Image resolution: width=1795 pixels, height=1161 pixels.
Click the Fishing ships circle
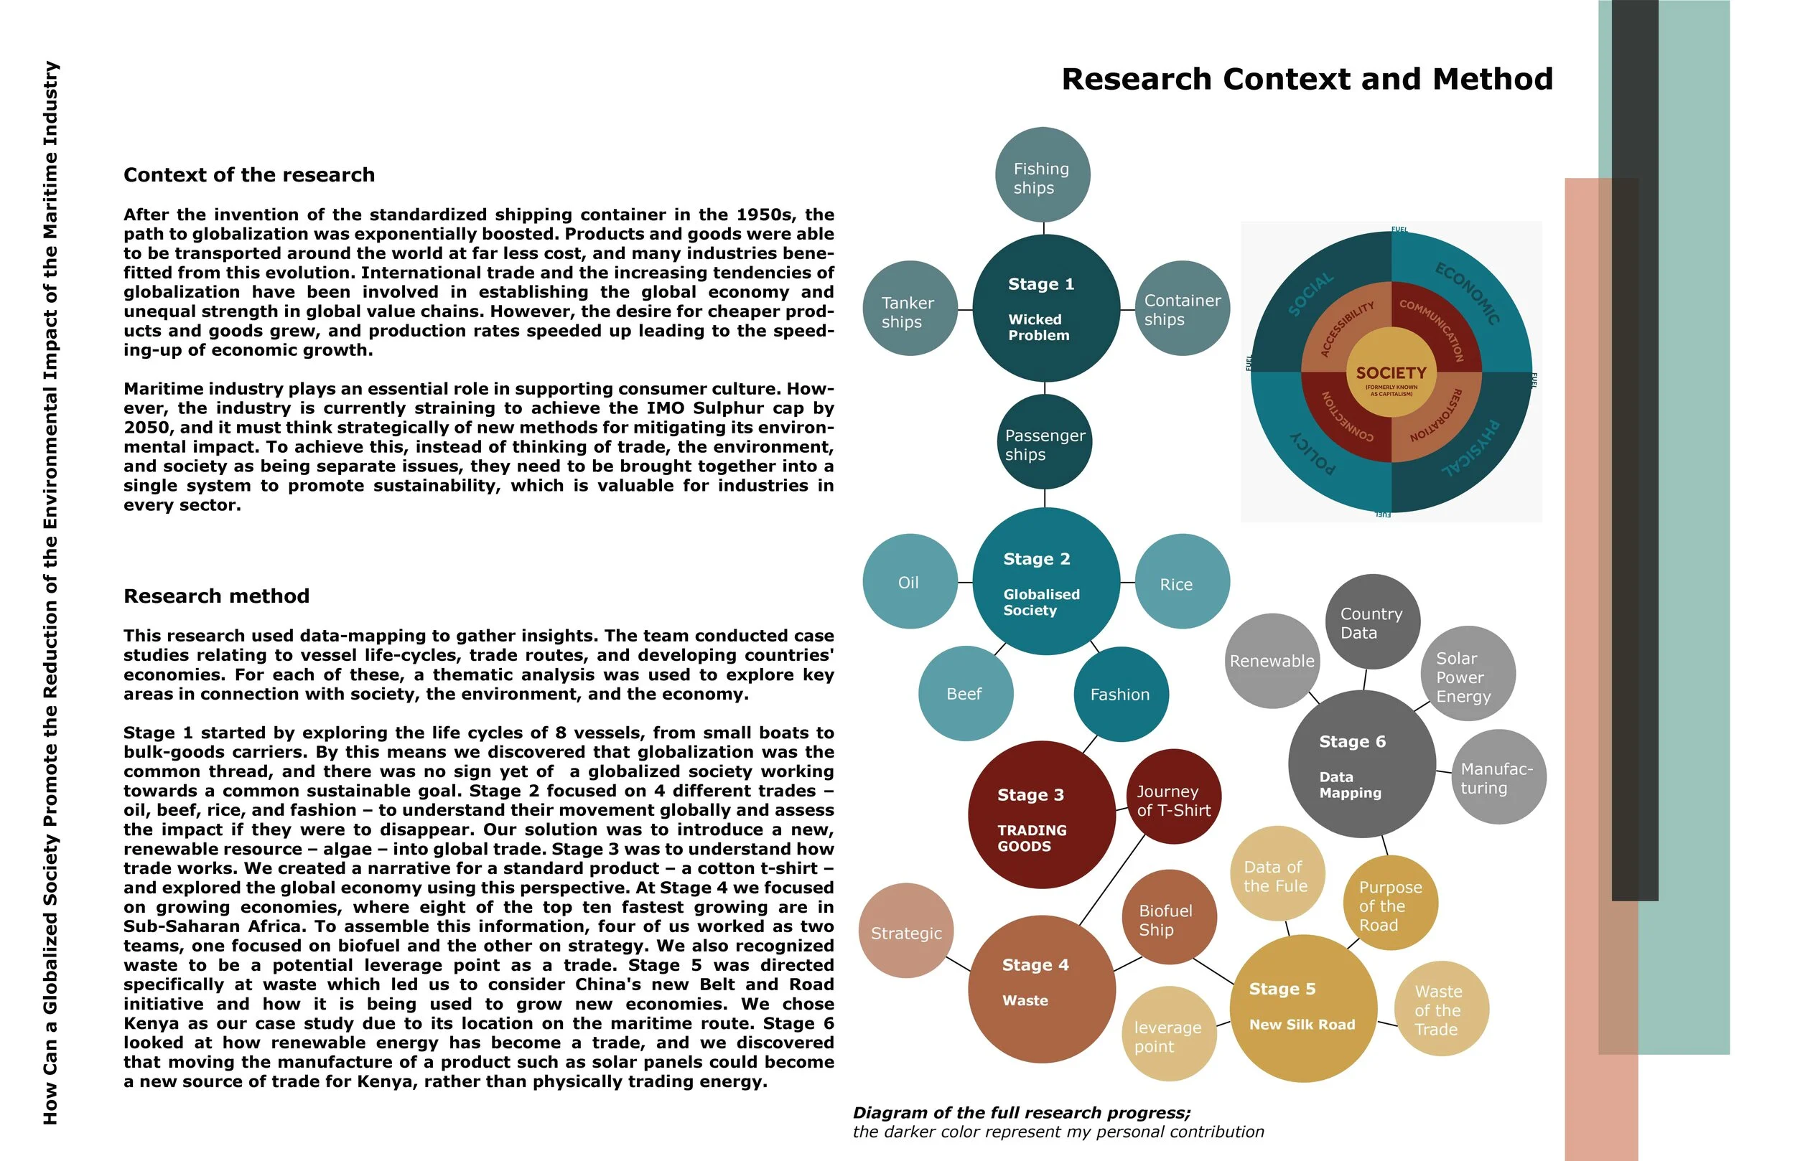pyautogui.click(x=1043, y=175)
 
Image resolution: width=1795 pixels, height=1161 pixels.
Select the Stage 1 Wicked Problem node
pyautogui.click(x=1046, y=309)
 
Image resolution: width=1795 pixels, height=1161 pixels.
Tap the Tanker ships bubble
pyautogui.click(x=910, y=309)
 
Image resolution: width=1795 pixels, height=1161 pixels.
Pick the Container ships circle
pyautogui.click(x=1182, y=309)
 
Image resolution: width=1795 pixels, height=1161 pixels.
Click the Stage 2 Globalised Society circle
pyautogui.click(x=1046, y=581)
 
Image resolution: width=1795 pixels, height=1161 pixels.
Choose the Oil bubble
pyautogui.click(x=910, y=581)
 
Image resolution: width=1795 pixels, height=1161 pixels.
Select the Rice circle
pyautogui.click(x=1182, y=581)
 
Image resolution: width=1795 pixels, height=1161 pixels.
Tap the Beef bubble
pyautogui.click(x=966, y=694)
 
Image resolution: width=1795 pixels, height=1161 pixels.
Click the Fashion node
pyautogui.click(x=1121, y=694)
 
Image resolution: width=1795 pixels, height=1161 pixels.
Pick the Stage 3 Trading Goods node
pyautogui.click(x=1042, y=815)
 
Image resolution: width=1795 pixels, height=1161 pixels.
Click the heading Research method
pyautogui.click(x=216, y=596)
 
